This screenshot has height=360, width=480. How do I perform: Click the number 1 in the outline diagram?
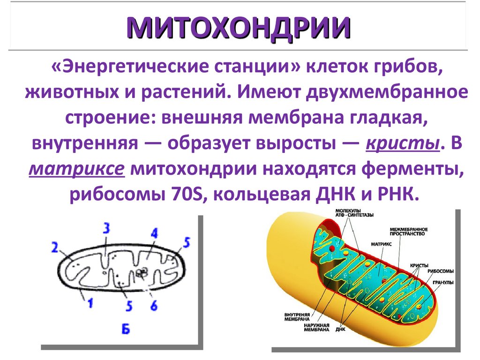click(x=90, y=303)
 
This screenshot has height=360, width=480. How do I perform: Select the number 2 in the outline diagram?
click(x=55, y=247)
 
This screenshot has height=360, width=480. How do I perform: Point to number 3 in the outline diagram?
click(x=106, y=228)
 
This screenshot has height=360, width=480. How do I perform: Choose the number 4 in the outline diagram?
click(x=154, y=233)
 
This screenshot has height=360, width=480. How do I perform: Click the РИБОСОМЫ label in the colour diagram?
click(x=440, y=271)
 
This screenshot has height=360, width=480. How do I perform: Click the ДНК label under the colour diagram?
click(x=340, y=329)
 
